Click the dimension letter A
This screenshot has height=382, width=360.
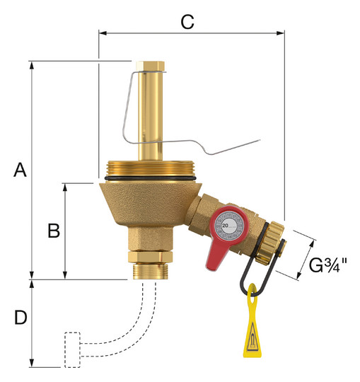pyautogui.click(x=20, y=170)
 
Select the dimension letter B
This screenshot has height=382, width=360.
pyautogui.click(x=54, y=231)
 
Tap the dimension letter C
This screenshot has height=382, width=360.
pyautogui.click(x=187, y=22)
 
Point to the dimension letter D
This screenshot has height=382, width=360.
pyautogui.click(x=21, y=318)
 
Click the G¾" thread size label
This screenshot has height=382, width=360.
pyautogui.click(x=328, y=265)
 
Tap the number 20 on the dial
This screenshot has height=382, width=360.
pyautogui.click(x=226, y=226)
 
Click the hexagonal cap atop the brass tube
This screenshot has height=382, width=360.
pyautogui.click(x=150, y=66)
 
